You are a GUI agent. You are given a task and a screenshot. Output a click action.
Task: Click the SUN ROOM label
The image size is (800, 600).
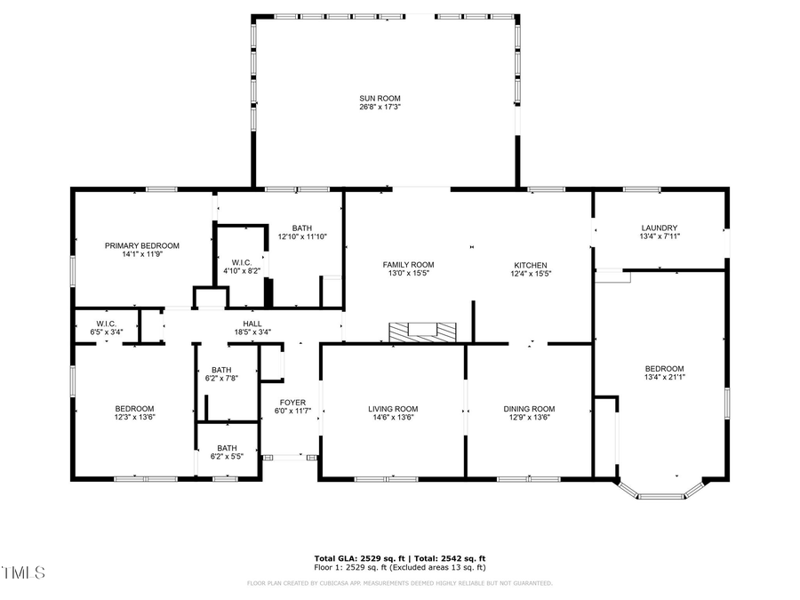(380, 98)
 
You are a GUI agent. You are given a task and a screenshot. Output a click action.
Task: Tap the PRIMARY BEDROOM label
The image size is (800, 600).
(142, 245)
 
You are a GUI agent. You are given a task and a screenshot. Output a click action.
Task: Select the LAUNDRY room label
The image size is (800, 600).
(659, 228)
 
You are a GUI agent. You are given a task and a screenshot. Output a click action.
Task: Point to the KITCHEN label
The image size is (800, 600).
(530, 265)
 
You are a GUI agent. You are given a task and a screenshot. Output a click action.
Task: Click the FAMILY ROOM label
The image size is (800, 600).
(408, 265)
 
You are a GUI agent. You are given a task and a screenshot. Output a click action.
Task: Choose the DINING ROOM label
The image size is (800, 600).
(529, 409)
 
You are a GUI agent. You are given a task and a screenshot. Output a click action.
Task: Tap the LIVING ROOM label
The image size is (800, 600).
(393, 409)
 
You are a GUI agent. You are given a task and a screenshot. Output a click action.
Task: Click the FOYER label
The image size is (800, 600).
(294, 402)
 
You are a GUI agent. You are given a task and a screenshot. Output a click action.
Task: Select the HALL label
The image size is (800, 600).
(252, 324)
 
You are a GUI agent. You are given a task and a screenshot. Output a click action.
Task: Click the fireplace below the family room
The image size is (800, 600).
(422, 332)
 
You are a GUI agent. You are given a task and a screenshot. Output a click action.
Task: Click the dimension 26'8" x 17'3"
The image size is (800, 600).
(380, 108)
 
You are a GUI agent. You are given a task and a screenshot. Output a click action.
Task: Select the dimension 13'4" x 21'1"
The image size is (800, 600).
(664, 378)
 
